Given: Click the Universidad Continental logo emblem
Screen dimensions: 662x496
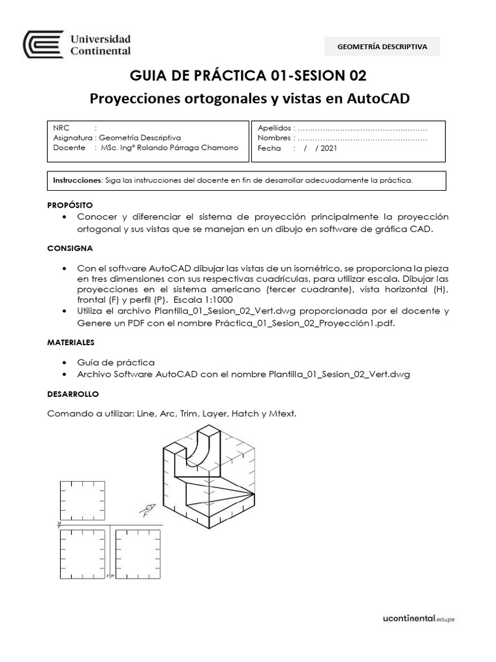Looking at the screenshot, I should pos(43,45).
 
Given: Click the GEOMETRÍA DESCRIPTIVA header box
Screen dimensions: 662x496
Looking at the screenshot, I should pos(382,47).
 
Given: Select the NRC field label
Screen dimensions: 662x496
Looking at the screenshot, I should pos(62,128).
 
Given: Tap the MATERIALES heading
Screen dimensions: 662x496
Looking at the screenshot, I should pos(71,341).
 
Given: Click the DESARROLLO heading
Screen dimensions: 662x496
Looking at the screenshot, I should pos(72,393).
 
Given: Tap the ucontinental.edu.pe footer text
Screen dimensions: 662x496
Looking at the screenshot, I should pos(416,619).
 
